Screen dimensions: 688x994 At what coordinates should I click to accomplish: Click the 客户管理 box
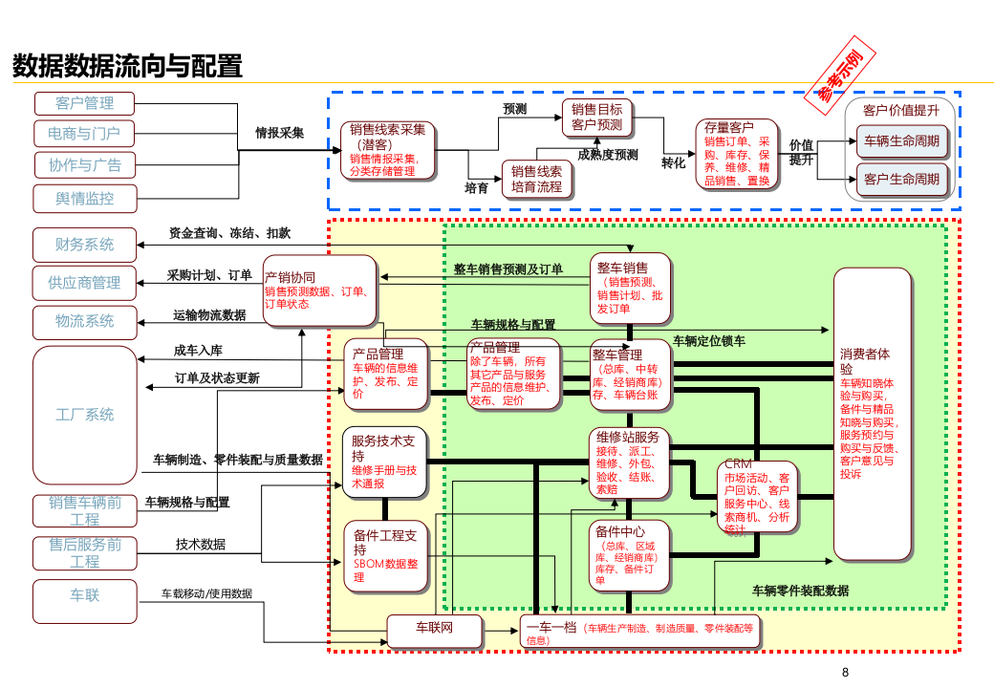point(84,103)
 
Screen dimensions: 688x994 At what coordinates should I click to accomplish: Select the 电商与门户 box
point(84,134)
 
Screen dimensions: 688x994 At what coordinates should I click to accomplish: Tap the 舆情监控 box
point(84,198)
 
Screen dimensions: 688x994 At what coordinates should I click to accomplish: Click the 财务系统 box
point(84,245)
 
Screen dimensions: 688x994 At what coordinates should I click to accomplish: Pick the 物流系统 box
point(84,321)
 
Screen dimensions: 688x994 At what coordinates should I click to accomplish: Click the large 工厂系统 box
point(84,415)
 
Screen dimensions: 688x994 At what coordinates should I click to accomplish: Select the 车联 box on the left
point(84,596)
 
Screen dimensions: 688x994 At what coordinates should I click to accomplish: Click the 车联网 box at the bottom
point(433,629)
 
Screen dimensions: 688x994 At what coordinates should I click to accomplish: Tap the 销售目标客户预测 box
point(597,118)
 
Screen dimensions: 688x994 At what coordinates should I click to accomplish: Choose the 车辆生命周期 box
point(900,141)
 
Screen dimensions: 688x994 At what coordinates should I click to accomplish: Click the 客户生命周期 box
point(900,179)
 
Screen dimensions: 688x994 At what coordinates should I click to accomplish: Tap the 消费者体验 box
point(872,414)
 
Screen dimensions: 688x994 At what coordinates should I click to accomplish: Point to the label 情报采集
point(279,133)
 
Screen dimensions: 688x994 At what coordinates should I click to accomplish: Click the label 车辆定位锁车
point(709,340)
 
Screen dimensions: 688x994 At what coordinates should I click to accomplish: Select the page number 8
point(845,673)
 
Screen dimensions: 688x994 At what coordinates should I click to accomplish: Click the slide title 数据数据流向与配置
point(127,66)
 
